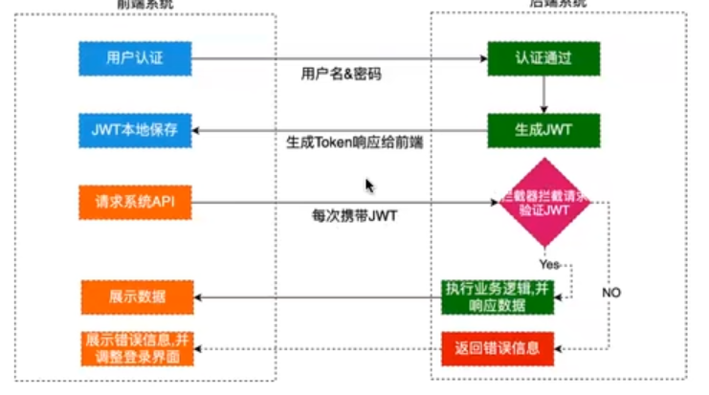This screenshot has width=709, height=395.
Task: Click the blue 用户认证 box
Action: pyautogui.click(x=135, y=57)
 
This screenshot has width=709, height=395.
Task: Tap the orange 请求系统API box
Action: pyautogui.click(x=135, y=202)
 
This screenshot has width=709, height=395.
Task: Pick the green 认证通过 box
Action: pyautogui.click(x=543, y=57)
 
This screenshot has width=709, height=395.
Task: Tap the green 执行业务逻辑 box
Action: pyautogui.click(x=499, y=296)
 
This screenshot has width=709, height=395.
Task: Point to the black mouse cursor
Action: pyautogui.click(x=369, y=186)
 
